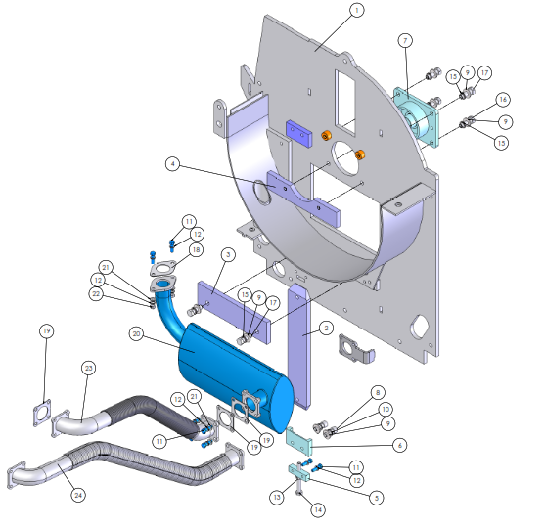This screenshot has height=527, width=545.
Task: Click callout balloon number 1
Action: click(356, 11)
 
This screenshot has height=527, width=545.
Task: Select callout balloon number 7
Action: click(405, 41)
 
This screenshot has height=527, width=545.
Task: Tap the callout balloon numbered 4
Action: click(173, 164)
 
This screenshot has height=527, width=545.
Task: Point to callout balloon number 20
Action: click(136, 334)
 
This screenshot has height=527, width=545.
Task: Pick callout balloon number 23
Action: click(89, 369)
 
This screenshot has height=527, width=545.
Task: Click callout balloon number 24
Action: click(78, 495)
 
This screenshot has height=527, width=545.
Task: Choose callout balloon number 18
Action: click(196, 249)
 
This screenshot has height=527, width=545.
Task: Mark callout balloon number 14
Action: click(318, 509)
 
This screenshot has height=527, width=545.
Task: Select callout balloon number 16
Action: click(503, 100)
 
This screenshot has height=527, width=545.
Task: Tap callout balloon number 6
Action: click(400, 446)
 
